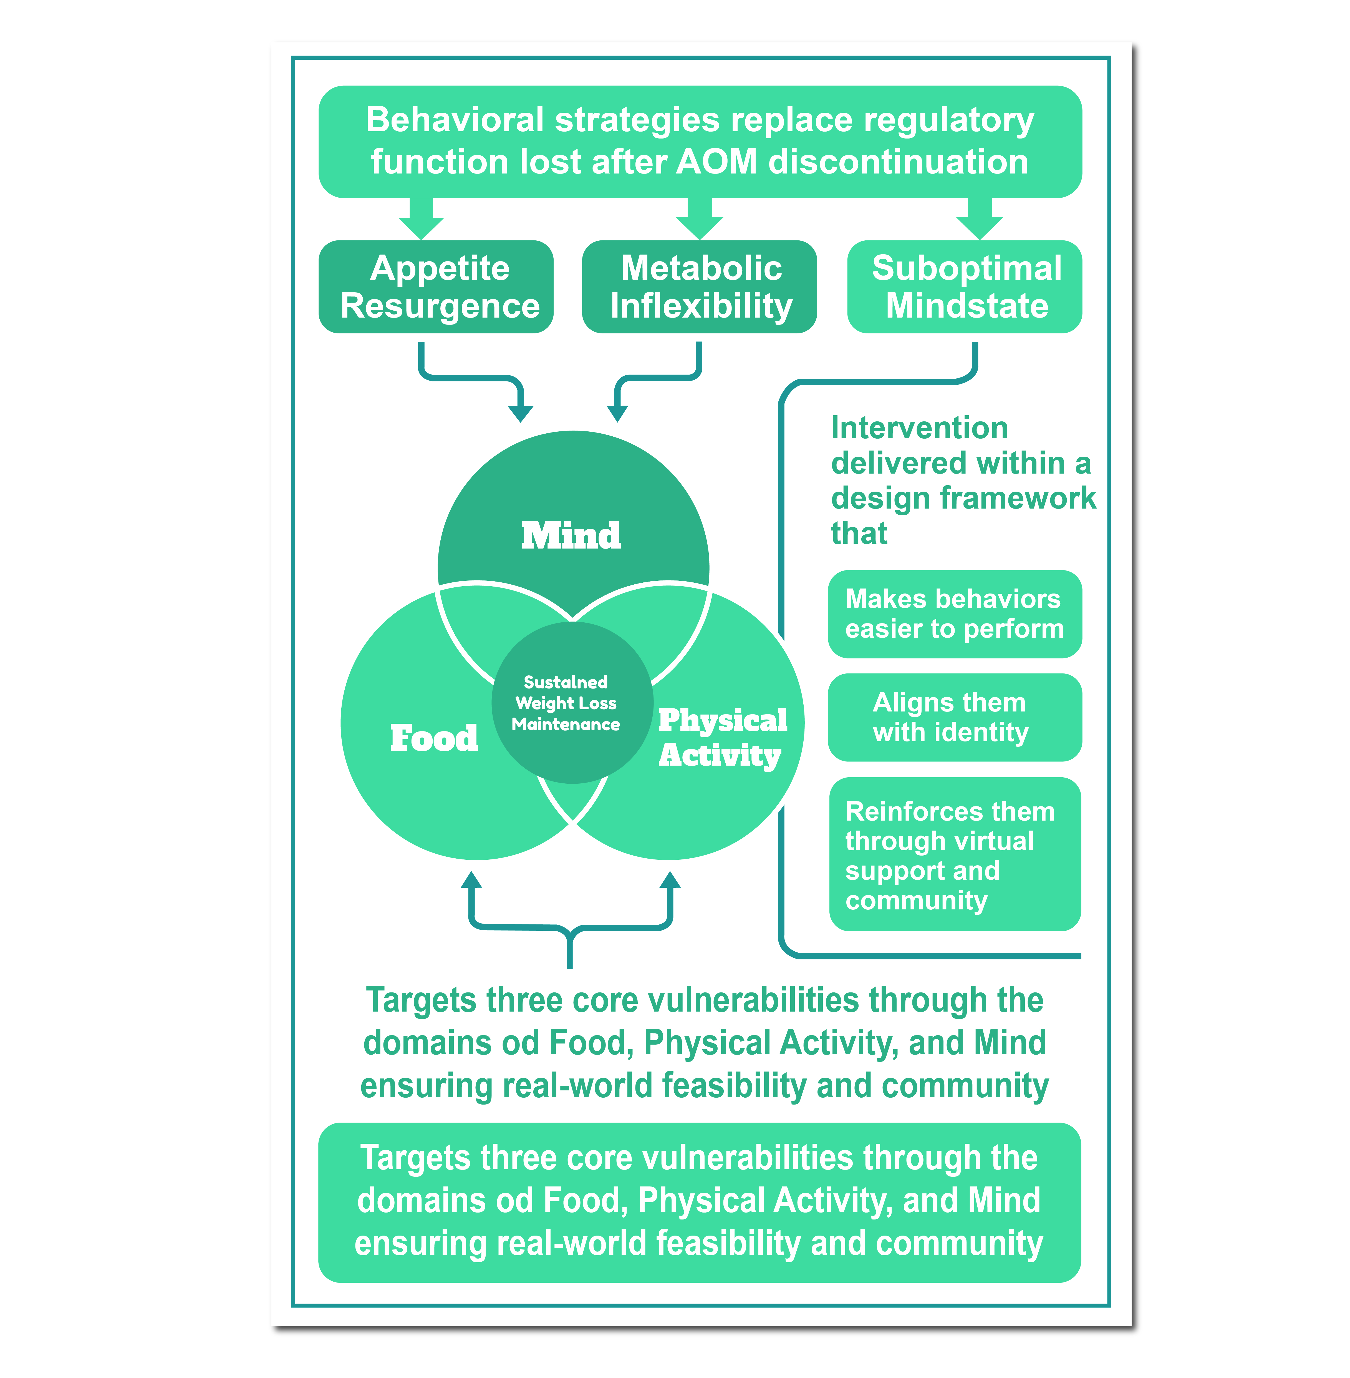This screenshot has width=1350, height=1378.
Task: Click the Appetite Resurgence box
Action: pyautogui.click(x=436, y=286)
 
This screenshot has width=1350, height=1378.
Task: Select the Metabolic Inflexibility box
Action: pyautogui.click(x=699, y=286)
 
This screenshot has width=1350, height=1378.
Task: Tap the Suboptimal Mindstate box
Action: pyautogui.click(x=964, y=286)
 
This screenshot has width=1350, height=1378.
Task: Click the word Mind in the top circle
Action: pyautogui.click(x=571, y=535)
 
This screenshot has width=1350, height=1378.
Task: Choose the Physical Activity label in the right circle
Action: pyautogui.click(x=722, y=738)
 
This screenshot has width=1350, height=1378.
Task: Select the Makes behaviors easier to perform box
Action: pyautogui.click(x=954, y=613)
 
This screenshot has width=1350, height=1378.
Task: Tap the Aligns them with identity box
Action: pyautogui.click(x=954, y=717)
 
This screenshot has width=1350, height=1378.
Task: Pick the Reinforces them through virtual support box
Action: pyautogui.click(x=954, y=855)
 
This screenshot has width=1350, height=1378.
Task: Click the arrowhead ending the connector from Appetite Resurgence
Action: pyautogui.click(x=521, y=413)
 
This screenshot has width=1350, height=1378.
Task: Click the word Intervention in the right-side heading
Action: pyautogui.click(x=919, y=428)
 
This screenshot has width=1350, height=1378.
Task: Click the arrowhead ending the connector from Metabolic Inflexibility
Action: pyautogui.click(x=618, y=413)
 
